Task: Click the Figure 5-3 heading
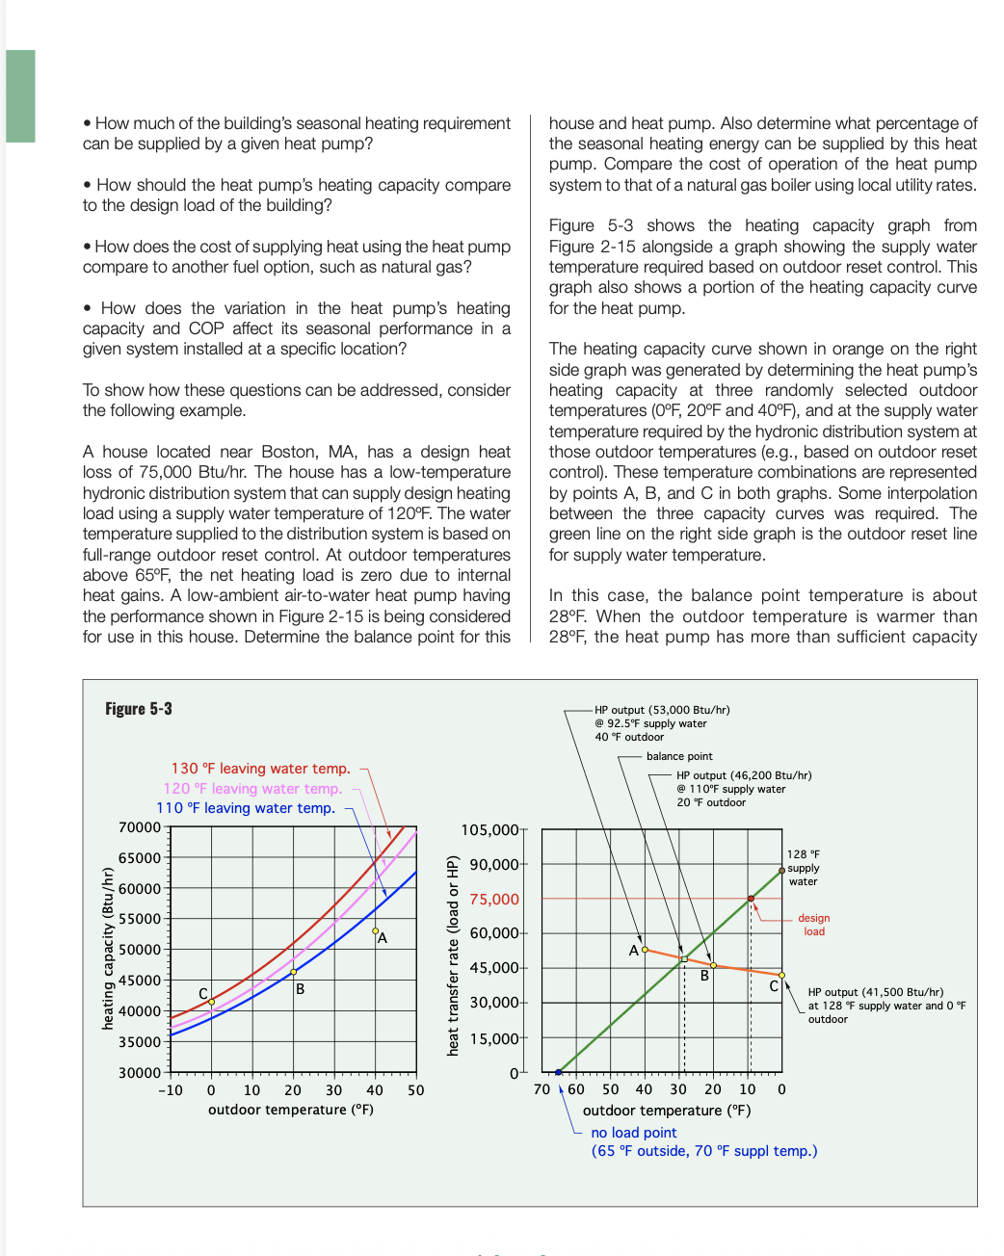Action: click(x=139, y=709)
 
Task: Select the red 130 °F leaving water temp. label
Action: click(x=260, y=769)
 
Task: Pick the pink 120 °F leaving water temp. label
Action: click(x=252, y=789)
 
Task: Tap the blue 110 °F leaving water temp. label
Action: click(x=246, y=808)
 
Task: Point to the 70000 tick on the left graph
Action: click(x=140, y=827)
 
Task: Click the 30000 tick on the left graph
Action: click(x=140, y=1073)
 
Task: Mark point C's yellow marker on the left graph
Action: click(x=212, y=1002)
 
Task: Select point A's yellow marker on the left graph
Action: click(x=376, y=930)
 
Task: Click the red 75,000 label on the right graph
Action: click(x=494, y=900)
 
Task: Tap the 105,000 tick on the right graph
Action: click(x=490, y=830)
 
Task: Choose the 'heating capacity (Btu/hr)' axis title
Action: click(x=108, y=949)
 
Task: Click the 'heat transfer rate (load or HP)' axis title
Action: click(x=453, y=955)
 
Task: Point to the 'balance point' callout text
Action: click(x=679, y=756)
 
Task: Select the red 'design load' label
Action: click(x=813, y=925)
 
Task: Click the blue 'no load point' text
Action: click(x=634, y=1133)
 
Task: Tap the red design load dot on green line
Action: click(x=752, y=899)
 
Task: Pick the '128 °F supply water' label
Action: click(x=803, y=868)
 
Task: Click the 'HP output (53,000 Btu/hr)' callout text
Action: click(x=662, y=710)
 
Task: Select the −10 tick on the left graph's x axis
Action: click(x=171, y=1090)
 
